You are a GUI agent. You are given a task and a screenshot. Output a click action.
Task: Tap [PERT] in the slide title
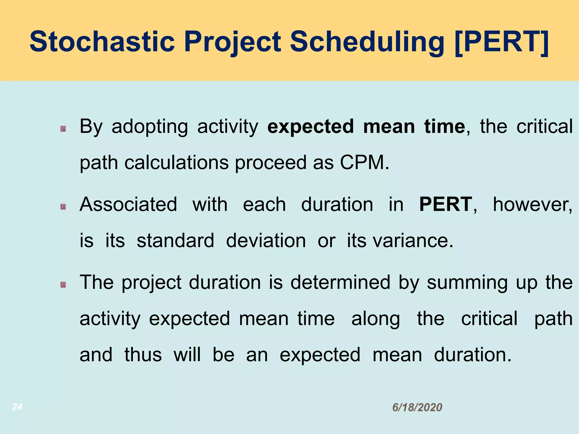502,42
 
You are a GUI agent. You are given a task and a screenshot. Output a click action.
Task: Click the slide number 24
17,407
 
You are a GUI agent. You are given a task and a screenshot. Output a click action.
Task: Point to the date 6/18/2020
417,407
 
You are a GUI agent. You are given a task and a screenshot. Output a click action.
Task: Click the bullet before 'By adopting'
63,129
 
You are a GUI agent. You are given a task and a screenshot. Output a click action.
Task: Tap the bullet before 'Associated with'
63,207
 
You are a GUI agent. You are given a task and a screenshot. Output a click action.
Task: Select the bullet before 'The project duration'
63,285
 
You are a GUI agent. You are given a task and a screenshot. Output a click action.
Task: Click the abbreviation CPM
364,162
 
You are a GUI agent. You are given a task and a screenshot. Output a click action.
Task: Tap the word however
532,204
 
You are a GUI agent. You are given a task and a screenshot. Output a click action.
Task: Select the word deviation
266,240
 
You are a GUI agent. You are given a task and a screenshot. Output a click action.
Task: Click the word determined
340,282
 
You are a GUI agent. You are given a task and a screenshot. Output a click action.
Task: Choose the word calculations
176,162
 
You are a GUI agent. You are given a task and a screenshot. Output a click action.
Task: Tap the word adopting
150,127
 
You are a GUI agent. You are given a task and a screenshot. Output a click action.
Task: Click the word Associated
128,204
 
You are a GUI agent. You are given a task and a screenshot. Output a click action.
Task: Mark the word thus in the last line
143,355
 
